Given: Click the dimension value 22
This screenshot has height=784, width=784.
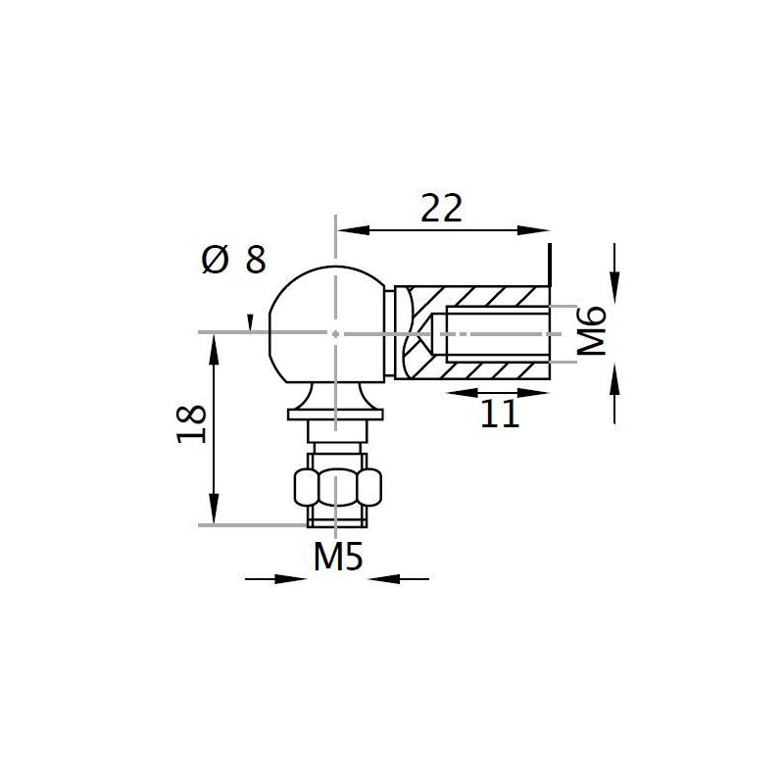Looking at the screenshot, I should point(440,209).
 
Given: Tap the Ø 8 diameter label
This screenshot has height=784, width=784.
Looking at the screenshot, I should point(232,260).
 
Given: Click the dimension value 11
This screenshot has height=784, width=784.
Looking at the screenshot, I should point(500,415).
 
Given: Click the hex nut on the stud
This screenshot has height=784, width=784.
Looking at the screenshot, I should point(336,486).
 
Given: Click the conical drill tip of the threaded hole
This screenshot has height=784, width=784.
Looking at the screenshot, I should point(435,334).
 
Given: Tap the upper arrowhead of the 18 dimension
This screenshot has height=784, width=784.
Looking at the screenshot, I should point(213,349).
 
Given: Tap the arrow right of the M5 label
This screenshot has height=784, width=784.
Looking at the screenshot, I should point(381,579).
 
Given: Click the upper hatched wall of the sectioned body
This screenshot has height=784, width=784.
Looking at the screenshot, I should point(480,297).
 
